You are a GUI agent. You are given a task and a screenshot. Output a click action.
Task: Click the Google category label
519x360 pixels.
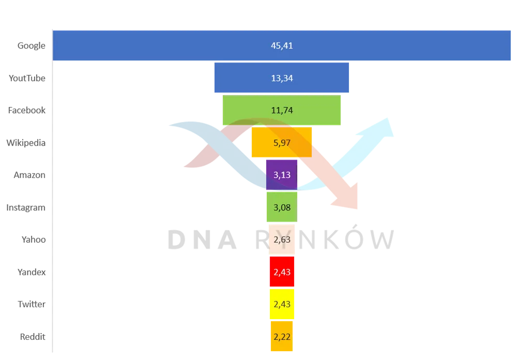[x=32, y=45]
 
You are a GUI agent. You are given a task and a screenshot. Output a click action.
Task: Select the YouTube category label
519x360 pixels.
[x=27, y=78]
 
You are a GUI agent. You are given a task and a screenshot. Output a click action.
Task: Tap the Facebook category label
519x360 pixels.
[x=27, y=110]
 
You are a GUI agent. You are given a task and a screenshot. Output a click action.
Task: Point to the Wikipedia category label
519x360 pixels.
[x=26, y=143]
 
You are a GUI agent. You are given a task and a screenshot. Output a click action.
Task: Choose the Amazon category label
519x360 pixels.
[x=29, y=175]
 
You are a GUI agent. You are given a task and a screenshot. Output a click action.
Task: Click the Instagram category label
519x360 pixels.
[x=26, y=208]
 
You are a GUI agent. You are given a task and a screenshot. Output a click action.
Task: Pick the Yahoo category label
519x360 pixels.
[x=34, y=239]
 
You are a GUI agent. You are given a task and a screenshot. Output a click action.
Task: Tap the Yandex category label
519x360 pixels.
[x=32, y=272]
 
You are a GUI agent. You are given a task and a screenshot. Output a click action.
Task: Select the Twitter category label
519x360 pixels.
[x=32, y=304]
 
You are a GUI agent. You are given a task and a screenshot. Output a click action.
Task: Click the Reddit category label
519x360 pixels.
[x=33, y=337]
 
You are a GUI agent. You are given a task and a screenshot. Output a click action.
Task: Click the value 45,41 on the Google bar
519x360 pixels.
[x=282, y=45]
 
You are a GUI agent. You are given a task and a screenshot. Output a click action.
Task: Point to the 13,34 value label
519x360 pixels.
[x=282, y=78]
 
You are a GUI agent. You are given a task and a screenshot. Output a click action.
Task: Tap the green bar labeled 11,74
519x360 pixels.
[x=282, y=110]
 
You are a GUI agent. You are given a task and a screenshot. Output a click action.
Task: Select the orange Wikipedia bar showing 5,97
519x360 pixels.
[x=282, y=142]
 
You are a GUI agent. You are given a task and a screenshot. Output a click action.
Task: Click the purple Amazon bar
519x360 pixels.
[x=282, y=175]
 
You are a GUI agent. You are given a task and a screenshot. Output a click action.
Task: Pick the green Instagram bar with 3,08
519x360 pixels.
[x=282, y=207]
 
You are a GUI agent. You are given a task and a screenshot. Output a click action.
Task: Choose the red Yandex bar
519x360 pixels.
[x=282, y=271]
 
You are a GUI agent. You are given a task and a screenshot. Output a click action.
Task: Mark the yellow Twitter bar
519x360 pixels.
[x=282, y=304]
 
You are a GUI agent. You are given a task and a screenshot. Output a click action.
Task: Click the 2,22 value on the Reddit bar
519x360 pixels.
[x=282, y=337]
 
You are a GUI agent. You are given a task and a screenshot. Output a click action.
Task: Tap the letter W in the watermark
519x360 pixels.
[x=383, y=240]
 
